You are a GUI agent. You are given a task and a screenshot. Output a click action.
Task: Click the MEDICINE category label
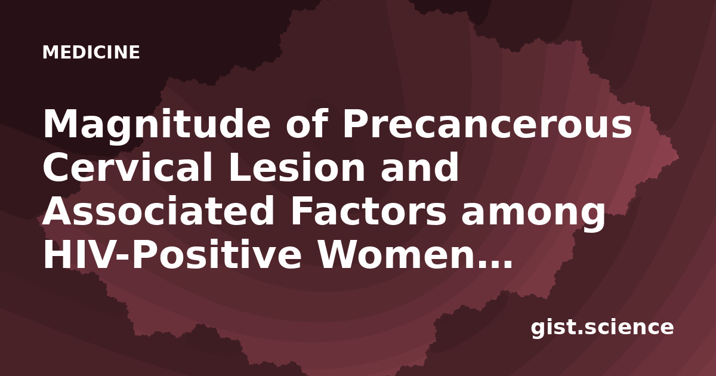pos(91,52)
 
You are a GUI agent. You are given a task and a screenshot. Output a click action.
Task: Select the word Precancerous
pos(487,124)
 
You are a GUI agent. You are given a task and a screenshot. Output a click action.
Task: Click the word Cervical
pos(127,167)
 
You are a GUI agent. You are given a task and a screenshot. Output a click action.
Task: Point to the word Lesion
pos(297,167)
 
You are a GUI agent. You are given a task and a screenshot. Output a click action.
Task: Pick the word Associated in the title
pos(158,211)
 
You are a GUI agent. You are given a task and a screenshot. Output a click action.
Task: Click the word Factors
pos(368,211)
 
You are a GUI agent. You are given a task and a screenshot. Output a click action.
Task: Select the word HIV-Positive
pos(172,255)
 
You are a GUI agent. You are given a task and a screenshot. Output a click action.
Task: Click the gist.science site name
pos(602,328)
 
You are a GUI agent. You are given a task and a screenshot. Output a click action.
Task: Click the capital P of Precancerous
pos(354,124)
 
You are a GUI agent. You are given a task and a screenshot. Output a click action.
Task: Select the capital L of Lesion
pos(240,167)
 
